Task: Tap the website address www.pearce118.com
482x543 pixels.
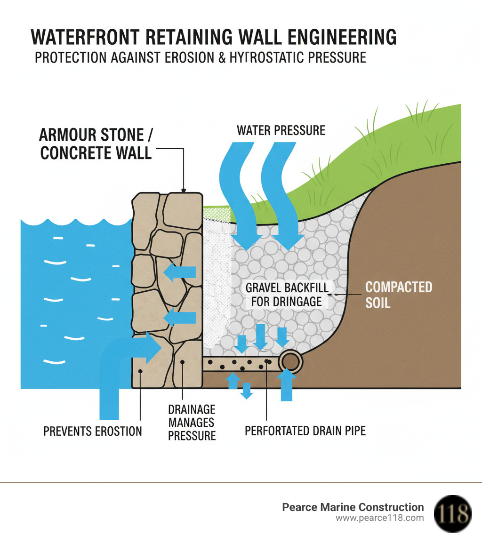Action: click(379, 518)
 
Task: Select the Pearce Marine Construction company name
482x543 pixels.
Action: click(353, 507)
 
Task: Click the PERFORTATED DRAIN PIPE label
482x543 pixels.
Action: click(305, 431)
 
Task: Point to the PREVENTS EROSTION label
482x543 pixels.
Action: click(92, 431)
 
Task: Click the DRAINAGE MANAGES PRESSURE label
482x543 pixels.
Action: click(192, 422)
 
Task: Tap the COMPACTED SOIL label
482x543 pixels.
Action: click(398, 295)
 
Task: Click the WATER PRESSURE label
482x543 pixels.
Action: click(281, 130)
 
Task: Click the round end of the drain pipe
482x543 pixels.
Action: click(290, 362)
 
